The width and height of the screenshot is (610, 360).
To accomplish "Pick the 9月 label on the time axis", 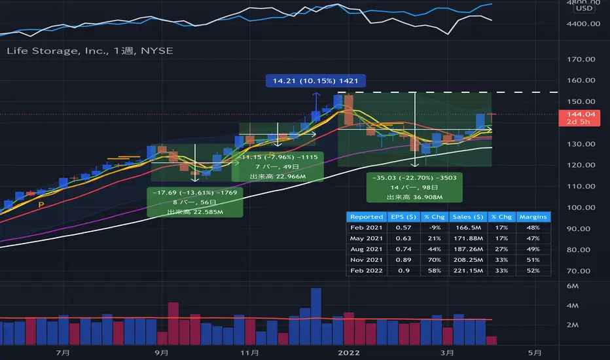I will tap(164, 352).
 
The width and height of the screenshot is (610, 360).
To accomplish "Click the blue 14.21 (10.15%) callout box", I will tap(315, 82).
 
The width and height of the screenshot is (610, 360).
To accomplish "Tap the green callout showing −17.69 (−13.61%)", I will tap(196, 202).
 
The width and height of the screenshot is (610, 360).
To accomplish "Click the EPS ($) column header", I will tap(403, 217).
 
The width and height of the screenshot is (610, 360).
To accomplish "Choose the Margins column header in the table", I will tap(533, 217).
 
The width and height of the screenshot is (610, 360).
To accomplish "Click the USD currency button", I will tap(584, 8).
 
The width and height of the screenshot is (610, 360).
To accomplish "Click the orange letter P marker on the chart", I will tap(42, 206).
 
